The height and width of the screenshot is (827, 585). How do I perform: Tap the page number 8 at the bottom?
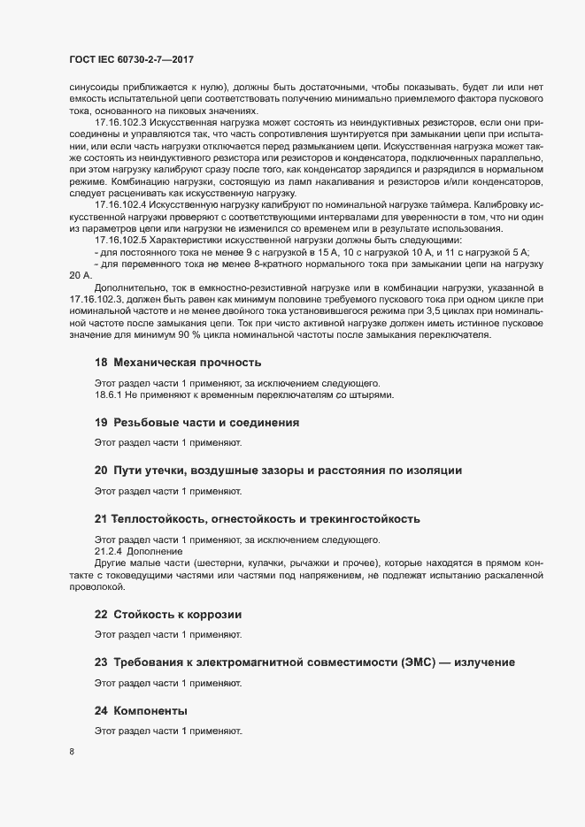(x=71, y=753)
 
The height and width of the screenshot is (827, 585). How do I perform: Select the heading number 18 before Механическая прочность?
(x=101, y=363)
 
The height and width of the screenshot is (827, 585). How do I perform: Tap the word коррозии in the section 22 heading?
(x=212, y=615)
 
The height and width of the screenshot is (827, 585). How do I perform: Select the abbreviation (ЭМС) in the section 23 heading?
(x=416, y=662)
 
